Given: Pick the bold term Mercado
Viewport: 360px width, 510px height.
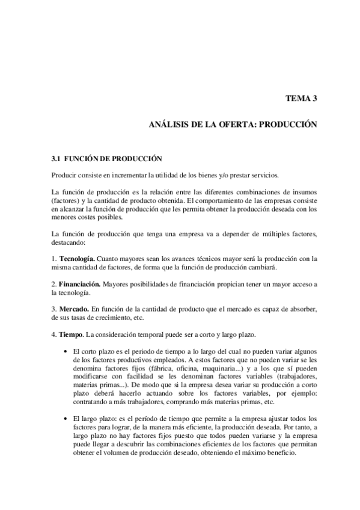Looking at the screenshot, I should click(x=73, y=309).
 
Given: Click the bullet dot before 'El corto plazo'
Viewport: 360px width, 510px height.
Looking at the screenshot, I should click(x=65, y=351).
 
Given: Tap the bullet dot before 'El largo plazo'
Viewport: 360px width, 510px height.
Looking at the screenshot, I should click(x=65, y=417).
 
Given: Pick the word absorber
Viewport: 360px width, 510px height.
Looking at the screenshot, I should click(x=302, y=309).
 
